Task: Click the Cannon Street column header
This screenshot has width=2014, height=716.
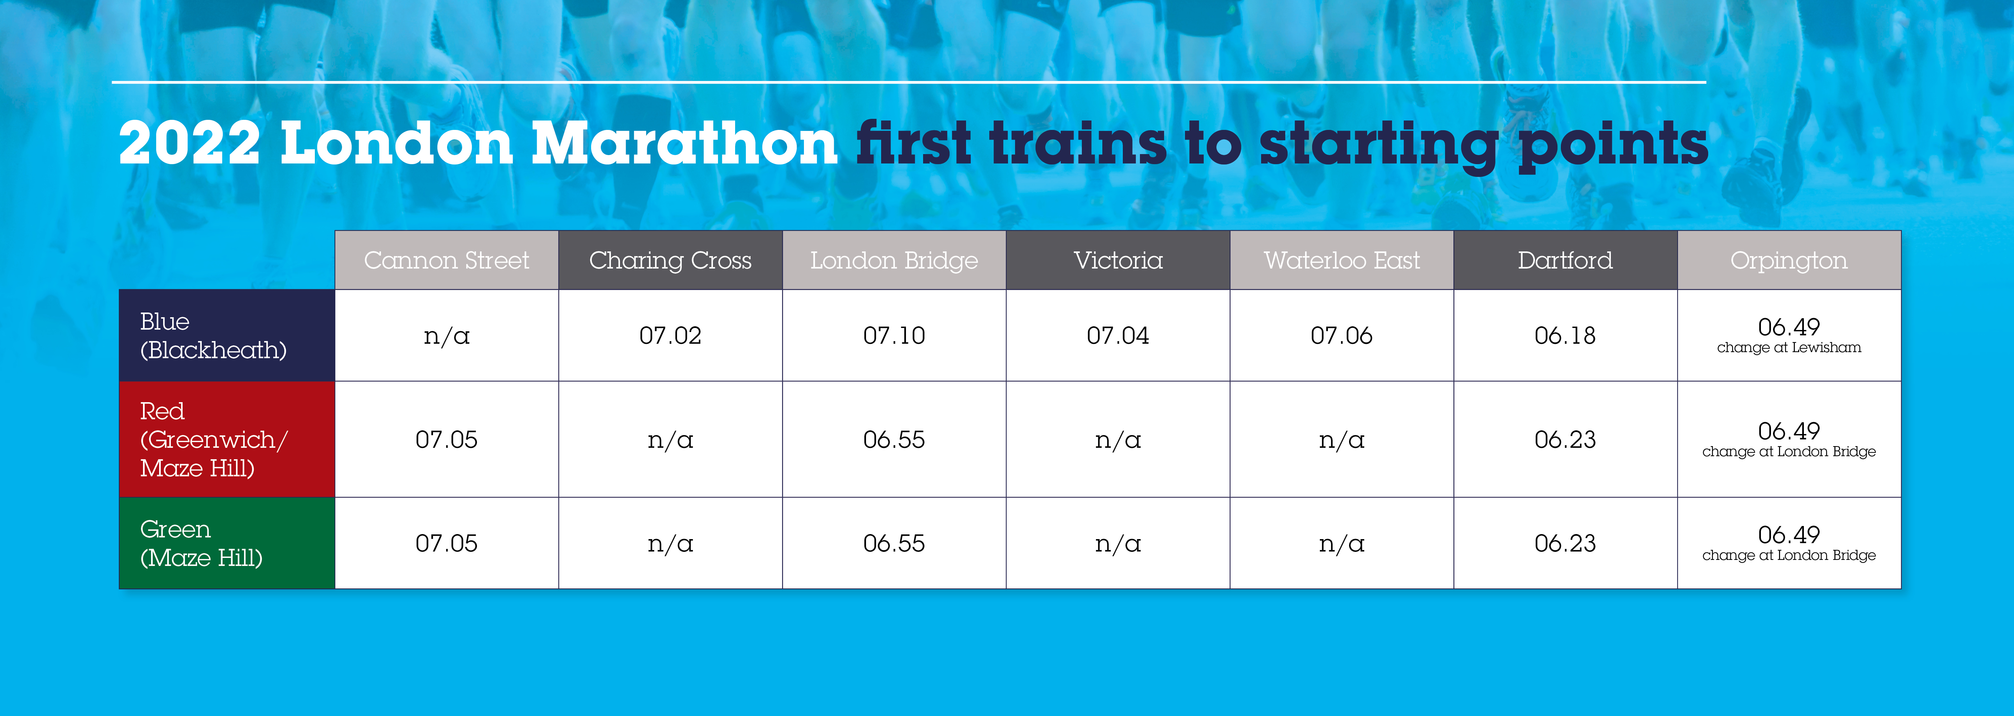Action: [446, 260]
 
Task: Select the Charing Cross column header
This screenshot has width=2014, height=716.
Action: [670, 260]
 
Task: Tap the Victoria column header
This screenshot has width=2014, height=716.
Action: [1118, 260]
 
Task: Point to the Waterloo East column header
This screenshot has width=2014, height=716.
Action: [1342, 260]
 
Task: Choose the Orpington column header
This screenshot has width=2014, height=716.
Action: [1789, 260]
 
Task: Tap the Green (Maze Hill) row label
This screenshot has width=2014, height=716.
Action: [201, 543]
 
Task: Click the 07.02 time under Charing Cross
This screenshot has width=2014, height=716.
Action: [670, 335]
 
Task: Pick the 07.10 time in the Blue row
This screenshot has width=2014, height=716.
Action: [894, 335]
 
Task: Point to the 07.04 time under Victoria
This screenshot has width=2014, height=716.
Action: [1118, 335]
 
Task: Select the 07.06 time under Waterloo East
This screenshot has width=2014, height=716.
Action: [1342, 335]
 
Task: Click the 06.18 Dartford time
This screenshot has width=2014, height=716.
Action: [1565, 335]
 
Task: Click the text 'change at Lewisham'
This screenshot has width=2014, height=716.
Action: [1789, 347]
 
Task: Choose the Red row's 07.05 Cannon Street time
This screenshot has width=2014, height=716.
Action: [446, 439]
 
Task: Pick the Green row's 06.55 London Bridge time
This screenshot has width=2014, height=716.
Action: [894, 543]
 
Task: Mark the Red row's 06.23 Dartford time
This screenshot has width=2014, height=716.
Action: [1565, 439]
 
